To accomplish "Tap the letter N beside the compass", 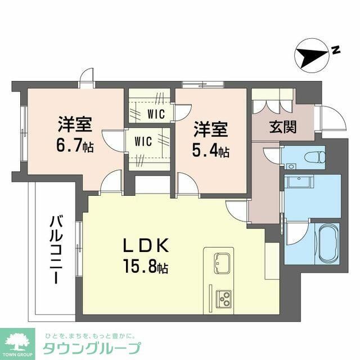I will [335, 50].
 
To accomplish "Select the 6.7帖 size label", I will [74, 146].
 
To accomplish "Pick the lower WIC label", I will [143, 142].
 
